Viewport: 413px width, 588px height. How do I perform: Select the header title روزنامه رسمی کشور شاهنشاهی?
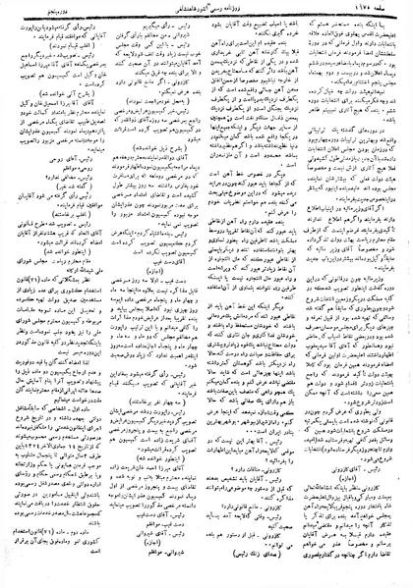[x=206, y=9]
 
